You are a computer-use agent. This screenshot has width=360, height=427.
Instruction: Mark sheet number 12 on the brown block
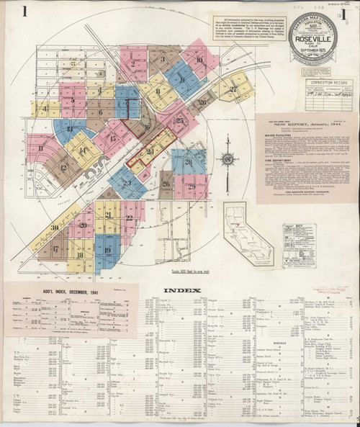point(63,168)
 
